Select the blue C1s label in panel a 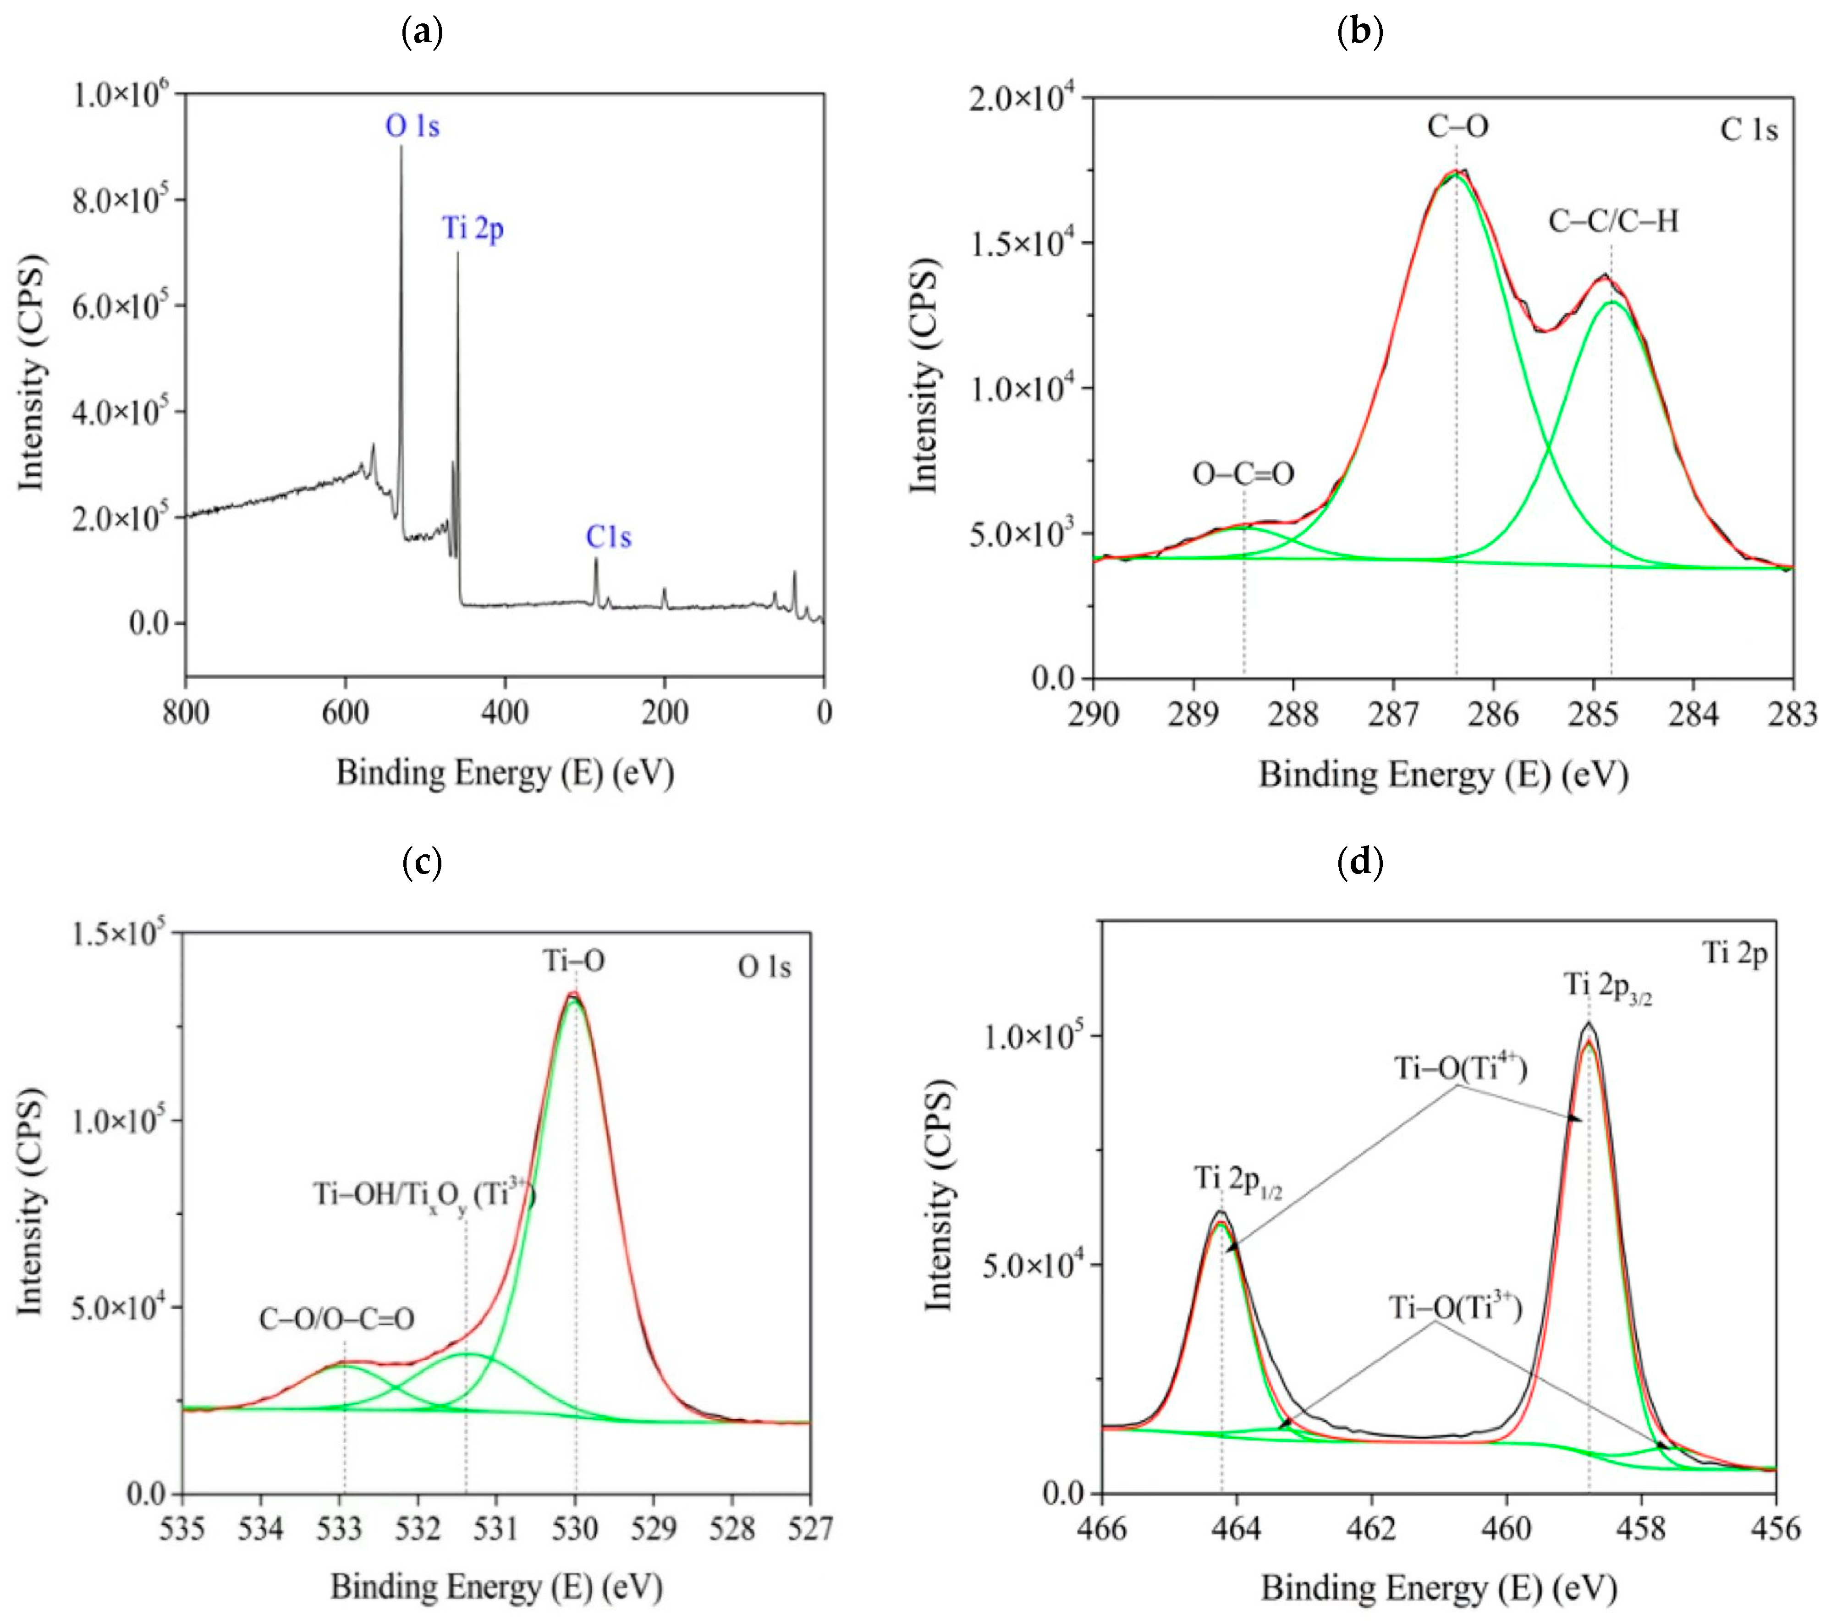pos(608,538)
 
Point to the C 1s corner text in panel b pos(1748,131)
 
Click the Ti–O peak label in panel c pos(574,961)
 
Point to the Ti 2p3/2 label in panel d pos(1607,985)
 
